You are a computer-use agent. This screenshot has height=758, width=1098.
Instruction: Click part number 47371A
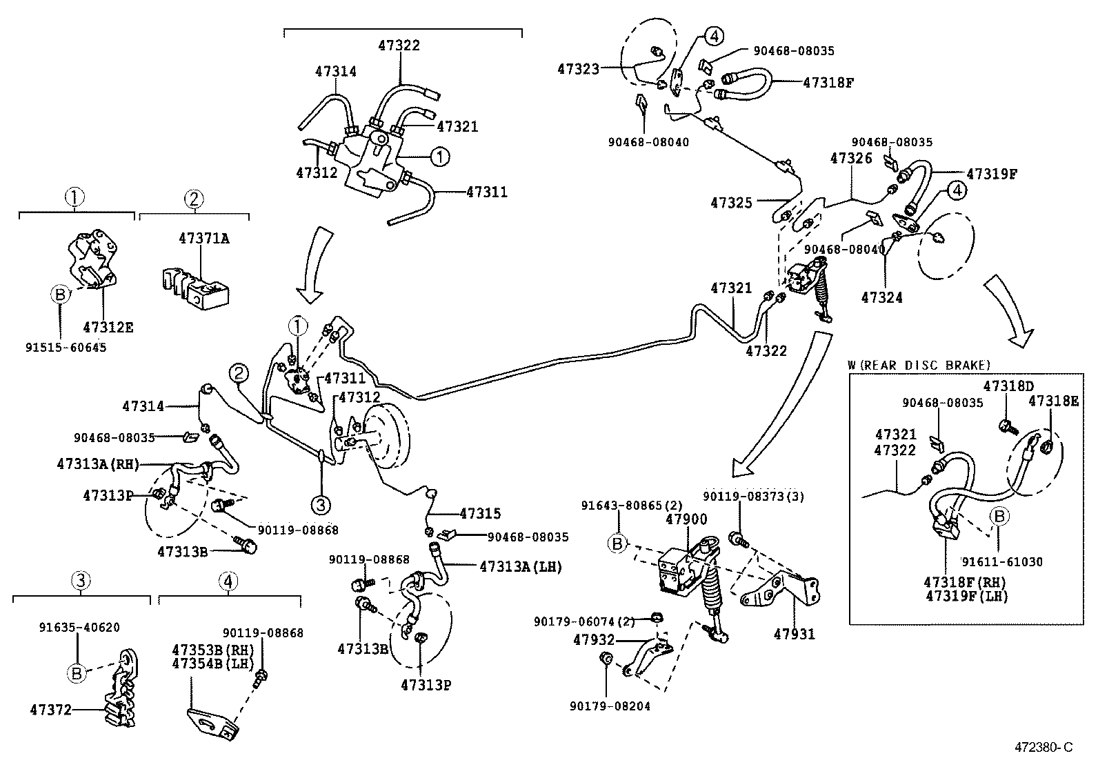pyautogui.click(x=203, y=239)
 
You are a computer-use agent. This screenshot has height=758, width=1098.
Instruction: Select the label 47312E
pyautogui.click(x=108, y=327)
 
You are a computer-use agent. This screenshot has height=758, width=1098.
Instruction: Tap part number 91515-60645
pyautogui.click(x=66, y=347)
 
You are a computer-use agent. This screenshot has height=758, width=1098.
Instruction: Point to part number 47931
pyautogui.click(x=795, y=634)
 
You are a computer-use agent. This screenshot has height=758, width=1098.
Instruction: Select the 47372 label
pyautogui.click(x=51, y=709)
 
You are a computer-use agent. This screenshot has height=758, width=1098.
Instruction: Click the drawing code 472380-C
pyautogui.click(x=1043, y=747)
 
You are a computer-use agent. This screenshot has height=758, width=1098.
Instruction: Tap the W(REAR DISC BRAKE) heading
pyautogui.click(x=919, y=365)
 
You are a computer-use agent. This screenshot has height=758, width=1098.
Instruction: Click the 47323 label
pyautogui.click(x=579, y=68)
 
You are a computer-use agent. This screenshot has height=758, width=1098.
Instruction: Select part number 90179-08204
pyautogui.click(x=610, y=706)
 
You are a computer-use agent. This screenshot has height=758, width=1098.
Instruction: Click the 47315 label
pyautogui.click(x=480, y=513)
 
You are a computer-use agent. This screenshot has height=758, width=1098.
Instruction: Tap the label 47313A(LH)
pyautogui.click(x=521, y=566)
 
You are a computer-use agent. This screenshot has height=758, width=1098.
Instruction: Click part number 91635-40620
pyautogui.click(x=79, y=627)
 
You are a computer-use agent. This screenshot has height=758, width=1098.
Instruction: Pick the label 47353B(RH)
pyautogui.click(x=212, y=649)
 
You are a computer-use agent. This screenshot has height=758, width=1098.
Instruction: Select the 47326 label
pyautogui.click(x=851, y=158)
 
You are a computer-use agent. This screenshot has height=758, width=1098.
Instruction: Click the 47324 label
pyautogui.click(x=881, y=297)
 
